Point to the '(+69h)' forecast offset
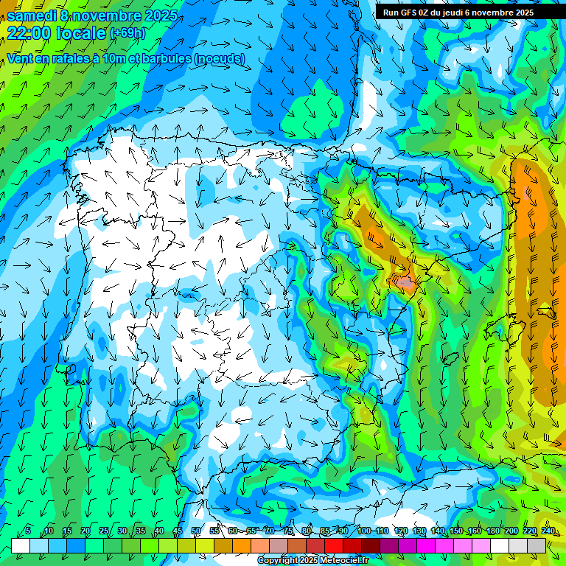click(127, 33)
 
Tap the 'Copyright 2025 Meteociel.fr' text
click(312, 561)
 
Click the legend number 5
click(28, 531)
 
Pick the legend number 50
click(196, 531)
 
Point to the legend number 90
click(343, 531)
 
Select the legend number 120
click(401, 531)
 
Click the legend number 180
click(491, 531)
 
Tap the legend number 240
click(548, 531)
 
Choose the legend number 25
click(104, 531)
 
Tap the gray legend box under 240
click(537, 545)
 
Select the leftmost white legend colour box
click(21, 545)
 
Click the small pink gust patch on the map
click(403, 282)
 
